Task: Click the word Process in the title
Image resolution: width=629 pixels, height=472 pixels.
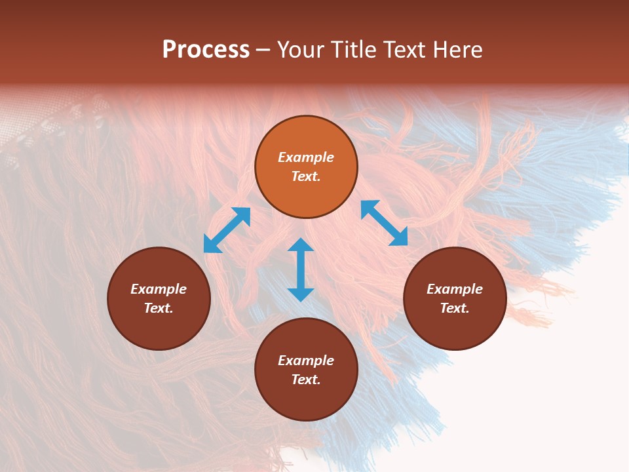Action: coord(206,50)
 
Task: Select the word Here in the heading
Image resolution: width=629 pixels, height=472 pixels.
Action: coord(456,50)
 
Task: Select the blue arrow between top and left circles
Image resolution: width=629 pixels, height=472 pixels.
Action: coord(227,230)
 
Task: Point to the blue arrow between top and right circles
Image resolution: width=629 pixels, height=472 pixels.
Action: coord(384,223)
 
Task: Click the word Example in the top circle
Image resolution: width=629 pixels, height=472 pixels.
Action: coord(306,157)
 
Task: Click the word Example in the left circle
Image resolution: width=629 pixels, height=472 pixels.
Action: coord(159,289)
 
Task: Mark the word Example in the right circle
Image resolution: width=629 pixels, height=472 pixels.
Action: coord(455,289)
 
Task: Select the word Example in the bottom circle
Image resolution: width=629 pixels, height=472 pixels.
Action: coord(306,361)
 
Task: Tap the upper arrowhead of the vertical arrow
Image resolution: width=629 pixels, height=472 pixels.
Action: coord(301,245)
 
